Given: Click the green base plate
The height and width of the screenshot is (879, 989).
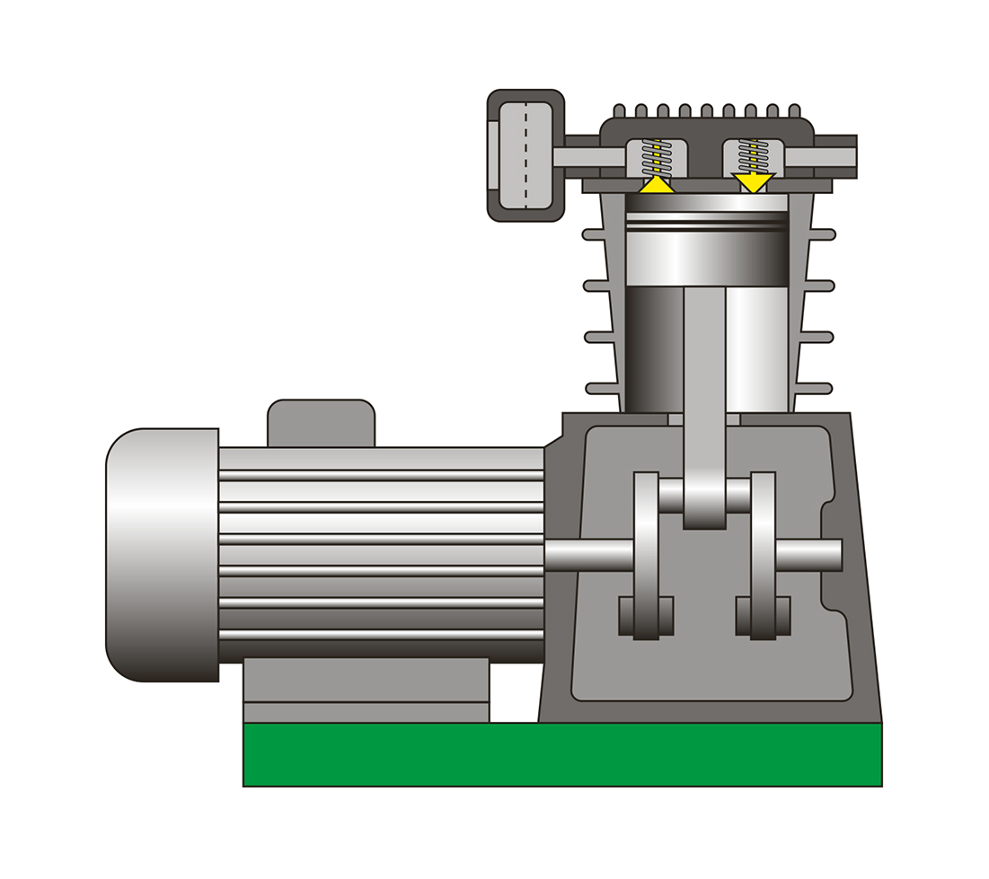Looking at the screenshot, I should pyautogui.click(x=562, y=754).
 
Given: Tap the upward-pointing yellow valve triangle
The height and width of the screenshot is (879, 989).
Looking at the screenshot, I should pyautogui.click(x=657, y=184).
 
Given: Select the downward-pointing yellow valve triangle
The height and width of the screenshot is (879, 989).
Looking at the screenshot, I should pyautogui.click(x=753, y=182).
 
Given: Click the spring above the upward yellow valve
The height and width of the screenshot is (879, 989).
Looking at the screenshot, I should pyautogui.click(x=657, y=158).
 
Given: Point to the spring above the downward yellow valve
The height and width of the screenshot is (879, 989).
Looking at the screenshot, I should pyautogui.click(x=753, y=156).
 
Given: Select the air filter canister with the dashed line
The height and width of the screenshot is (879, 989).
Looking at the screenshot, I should pyautogui.click(x=525, y=155).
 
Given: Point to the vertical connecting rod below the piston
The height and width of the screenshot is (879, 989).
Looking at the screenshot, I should pyautogui.click(x=704, y=377).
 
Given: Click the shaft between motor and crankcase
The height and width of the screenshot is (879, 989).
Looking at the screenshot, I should pyautogui.click(x=588, y=554).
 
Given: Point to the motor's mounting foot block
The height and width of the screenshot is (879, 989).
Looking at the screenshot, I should pyautogui.click(x=366, y=690).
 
